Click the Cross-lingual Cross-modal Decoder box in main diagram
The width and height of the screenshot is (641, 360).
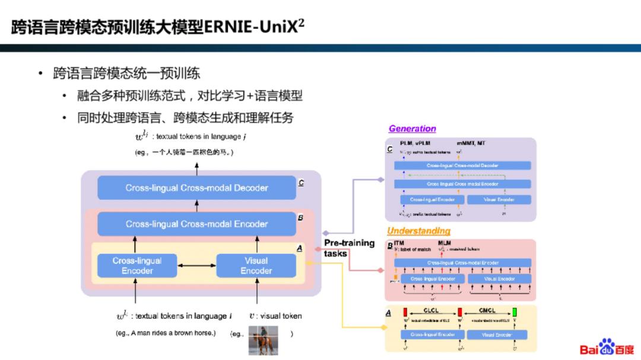[196, 188]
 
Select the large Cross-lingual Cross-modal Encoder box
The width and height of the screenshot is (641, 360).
[196, 224]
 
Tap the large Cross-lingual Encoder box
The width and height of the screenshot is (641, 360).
[137, 266]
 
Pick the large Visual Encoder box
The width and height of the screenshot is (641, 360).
[256, 266]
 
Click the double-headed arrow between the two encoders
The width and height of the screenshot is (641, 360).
[196, 266]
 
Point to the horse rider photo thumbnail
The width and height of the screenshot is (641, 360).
[263, 340]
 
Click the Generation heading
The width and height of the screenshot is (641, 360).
[412, 129]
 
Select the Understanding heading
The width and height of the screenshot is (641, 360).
[418, 231]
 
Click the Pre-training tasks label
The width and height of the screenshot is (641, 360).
[349, 248]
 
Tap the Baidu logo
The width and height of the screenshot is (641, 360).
[606, 348]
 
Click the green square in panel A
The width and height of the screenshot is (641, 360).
[515, 312]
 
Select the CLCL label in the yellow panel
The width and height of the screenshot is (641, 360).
[432, 310]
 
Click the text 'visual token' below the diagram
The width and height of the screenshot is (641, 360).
[279, 316]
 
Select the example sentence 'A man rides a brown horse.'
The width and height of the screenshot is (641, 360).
[166, 333]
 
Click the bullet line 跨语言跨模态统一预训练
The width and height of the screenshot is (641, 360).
[126, 74]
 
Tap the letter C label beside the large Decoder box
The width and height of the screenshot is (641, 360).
[301, 183]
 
